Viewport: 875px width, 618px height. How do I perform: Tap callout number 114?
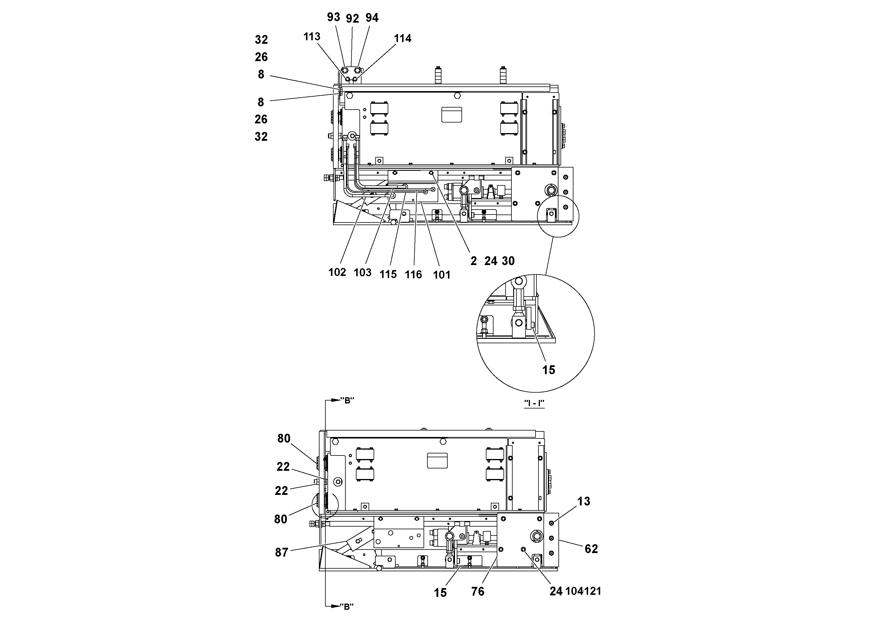coord(402,38)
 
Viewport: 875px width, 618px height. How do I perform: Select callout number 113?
coord(312,37)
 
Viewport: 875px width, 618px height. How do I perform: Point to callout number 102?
coord(337,272)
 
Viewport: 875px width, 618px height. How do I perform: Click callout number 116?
coord(413,274)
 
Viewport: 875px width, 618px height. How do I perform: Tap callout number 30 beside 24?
coord(508,261)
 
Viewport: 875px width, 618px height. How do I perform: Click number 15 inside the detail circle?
coord(548,370)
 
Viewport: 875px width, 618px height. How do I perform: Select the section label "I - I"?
coord(534,403)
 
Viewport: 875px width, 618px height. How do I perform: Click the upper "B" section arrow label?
coord(347,401)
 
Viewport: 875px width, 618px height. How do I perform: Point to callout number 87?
coord(282,552)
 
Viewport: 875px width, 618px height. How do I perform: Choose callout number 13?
coord(583,501)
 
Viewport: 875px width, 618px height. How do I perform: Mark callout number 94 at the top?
coord(372,18)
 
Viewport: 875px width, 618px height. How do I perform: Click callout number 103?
coord(362,272)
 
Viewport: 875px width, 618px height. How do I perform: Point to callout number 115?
coord(388,274)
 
